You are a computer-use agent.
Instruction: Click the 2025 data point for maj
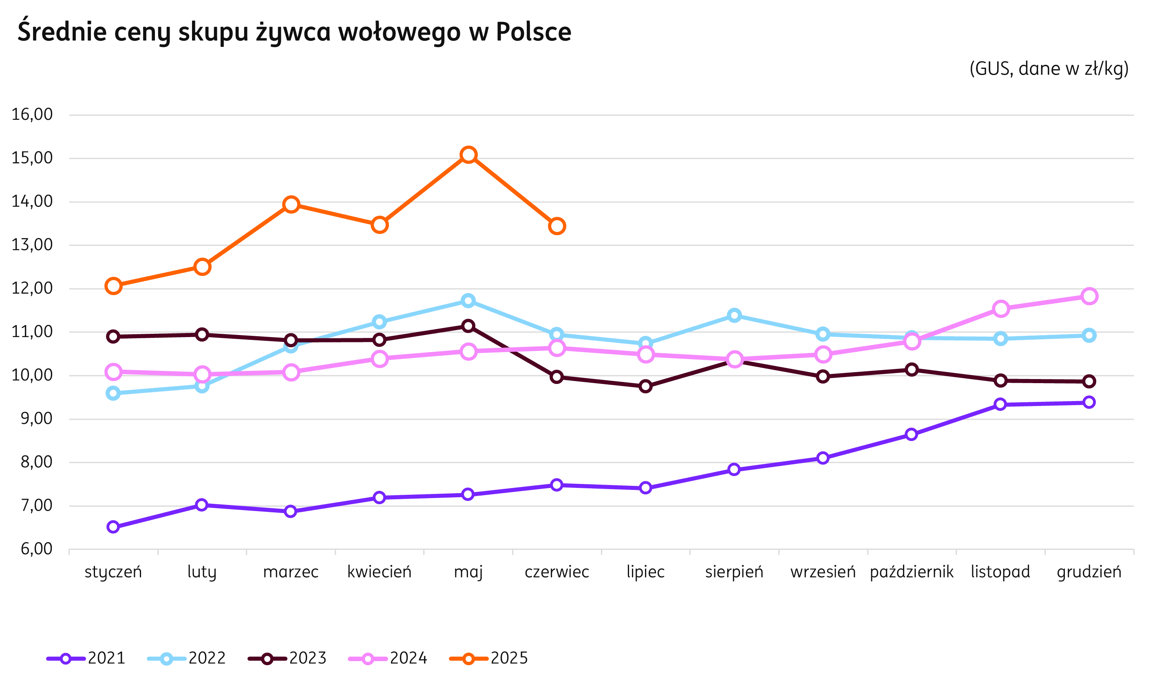click(x=468, y=154)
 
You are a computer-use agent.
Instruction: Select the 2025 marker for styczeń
click(x=113, y=286)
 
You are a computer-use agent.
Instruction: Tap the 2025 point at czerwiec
click(x=557, y=226)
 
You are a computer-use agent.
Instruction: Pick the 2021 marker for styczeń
click(x=113, y=527)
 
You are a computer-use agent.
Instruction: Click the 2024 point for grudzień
click(x=1089, y=296)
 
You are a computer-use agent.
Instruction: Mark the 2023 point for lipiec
click(x=645, y=386)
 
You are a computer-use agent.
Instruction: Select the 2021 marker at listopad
click(x=1000, y=404)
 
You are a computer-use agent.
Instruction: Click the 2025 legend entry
click(x=489, y=658)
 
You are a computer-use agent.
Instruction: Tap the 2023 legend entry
click(x=288, y=658)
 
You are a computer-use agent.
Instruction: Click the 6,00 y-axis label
click(x=36, y=549)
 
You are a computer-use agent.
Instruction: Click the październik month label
click(x=912, y=572)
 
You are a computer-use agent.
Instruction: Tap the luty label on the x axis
click(x=202, y=572)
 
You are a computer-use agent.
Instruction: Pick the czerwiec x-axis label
click(x=557, y=572)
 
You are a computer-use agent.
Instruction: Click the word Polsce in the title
click(x=533, y=31)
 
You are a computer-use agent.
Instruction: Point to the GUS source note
click(x=1049, y=68)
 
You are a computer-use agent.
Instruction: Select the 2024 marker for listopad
click(x=1001, y=309)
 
